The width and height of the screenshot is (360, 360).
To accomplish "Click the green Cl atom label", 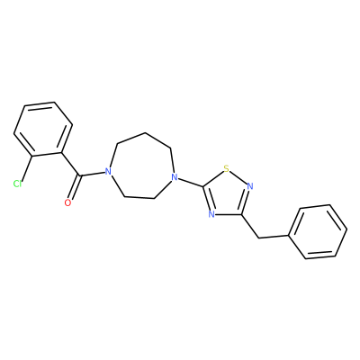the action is [x=17, y=184].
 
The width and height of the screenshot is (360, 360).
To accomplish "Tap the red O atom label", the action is [x=68, y=202].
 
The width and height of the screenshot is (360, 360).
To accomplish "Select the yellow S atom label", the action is [x=227, y=169].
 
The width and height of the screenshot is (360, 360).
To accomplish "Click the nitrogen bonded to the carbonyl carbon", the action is [x=108, y=172].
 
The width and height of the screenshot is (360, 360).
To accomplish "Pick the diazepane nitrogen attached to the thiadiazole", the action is [x=175, y=177].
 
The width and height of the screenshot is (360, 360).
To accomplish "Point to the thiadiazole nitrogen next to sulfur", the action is [x=250, y=186].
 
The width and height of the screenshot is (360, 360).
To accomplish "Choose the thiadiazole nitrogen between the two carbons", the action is [x=211, y=214].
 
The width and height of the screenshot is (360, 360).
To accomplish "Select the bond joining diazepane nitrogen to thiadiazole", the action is [x=191, y=183].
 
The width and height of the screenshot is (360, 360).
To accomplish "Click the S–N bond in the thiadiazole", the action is [x=238, y=177].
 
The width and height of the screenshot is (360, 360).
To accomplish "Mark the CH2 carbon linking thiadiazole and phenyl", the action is [x=258, y=238].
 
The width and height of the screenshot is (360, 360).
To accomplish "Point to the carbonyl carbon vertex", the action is [x=79, y=175].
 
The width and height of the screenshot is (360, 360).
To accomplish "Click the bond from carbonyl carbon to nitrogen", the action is [x=92, y=174].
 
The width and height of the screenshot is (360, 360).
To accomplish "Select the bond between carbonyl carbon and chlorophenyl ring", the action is [x=70, y=165].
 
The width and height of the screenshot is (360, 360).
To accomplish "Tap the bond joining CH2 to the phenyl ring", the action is [x=274, y=237].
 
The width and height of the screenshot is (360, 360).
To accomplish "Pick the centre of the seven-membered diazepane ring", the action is [x=141, y=166].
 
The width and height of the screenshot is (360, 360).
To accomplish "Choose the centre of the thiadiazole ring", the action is [x=227, y=194].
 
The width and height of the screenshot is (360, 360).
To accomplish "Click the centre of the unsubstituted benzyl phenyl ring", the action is [x=318, y=231].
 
